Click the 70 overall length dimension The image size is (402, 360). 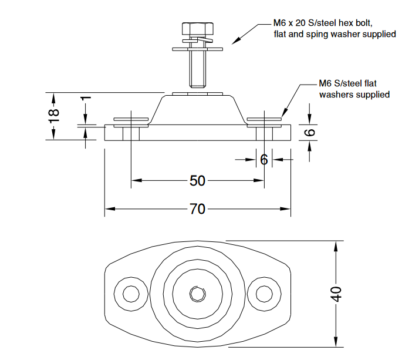click(x=198, y=208)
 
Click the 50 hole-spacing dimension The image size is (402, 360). click(x=198, y=180)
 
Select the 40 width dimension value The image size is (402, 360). click(x=336, y=294)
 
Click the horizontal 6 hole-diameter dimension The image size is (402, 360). click(x=264, y=159)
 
